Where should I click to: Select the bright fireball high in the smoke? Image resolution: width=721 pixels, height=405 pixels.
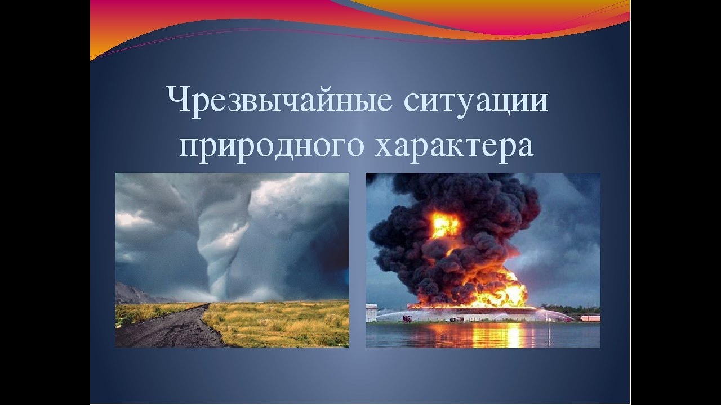(446, 225)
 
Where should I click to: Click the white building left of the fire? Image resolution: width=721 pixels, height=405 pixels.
(371, 312)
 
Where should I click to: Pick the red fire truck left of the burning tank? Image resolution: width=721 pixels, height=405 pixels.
(408, 318)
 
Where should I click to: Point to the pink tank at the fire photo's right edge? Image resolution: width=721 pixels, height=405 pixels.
(590, 318)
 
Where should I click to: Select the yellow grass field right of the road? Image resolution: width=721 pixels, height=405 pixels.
(279, 323)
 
